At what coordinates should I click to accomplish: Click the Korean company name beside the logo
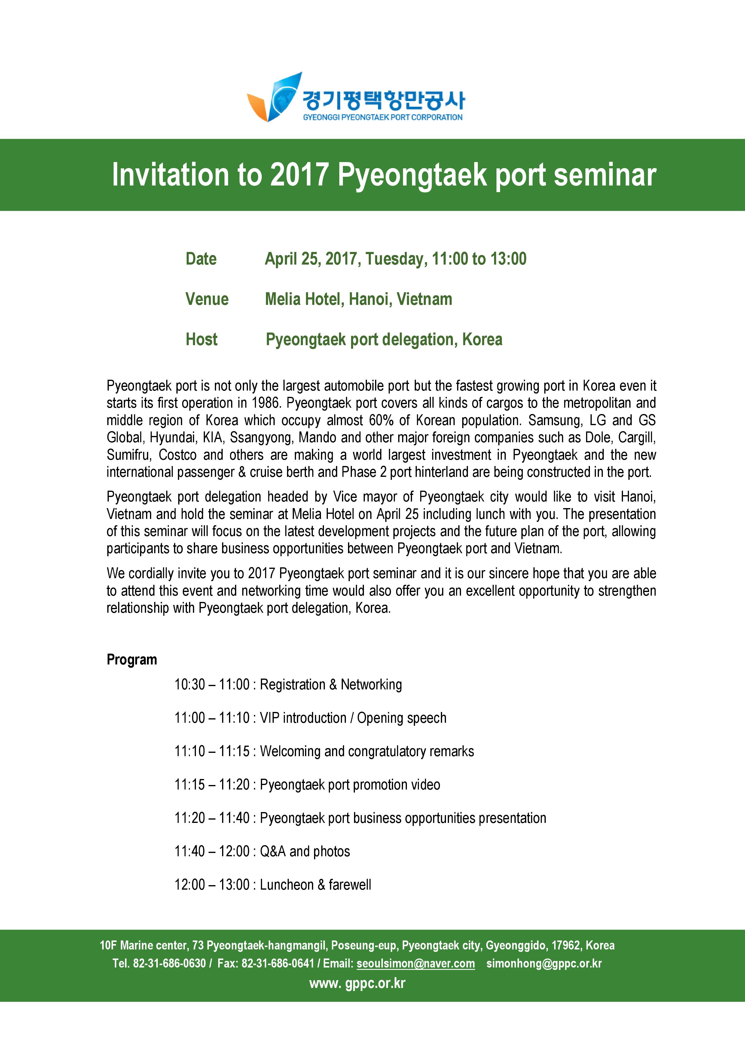click(x=383, y=100)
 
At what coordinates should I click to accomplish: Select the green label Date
click(x=201, y=259)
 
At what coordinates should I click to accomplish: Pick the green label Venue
click(x=207, y=299)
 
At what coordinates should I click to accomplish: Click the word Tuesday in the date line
click(x=396, y=259)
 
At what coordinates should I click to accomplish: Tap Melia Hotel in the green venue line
click(x=304, y=299)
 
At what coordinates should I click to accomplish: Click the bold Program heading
click(x=132, y=660)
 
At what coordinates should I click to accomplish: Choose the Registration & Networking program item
click(x=331, y=685)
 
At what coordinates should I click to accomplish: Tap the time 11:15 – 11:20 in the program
click(x=212, y=785)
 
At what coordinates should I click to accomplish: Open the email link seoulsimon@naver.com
click(x=416, y=964)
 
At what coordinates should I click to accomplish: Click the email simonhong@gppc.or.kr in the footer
click(x=544, y=964)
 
